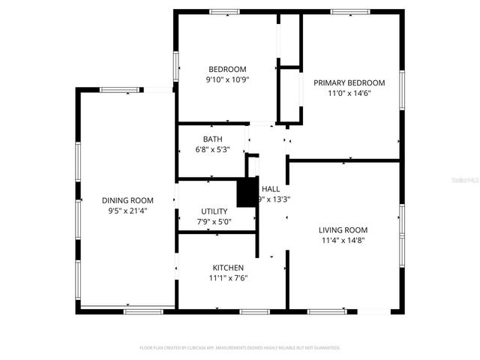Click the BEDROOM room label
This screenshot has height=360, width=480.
(227, 69)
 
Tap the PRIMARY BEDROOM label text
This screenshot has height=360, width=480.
(349, 82)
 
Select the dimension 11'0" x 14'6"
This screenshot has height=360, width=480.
(349, 93)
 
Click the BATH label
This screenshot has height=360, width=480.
(212, 139)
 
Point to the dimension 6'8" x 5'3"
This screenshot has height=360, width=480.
(212, 149)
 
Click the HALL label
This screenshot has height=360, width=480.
(271, 189)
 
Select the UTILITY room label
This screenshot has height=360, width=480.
(214, 211)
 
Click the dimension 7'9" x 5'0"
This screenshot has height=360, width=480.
(214, 222)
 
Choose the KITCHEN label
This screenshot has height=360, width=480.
(228, 268)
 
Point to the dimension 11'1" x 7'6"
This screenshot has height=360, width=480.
(228, 278)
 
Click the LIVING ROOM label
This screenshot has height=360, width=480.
(343, 230)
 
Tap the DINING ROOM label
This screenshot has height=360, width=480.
(127, 200)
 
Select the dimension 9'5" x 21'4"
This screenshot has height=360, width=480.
(127, 211)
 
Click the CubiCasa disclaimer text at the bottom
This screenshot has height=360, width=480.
(240, 348)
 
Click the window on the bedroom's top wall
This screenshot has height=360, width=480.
(224, 12)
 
